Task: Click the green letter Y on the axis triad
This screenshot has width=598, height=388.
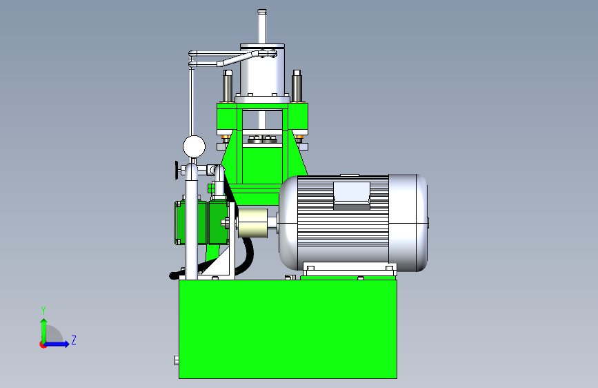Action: (x=43, y=310)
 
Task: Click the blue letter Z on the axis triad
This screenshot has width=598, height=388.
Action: (x=74, y=340)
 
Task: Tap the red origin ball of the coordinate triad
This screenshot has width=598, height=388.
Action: (x=43, y=345)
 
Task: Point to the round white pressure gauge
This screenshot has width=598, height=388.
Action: (x=194, y=146)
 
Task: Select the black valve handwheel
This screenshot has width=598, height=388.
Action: (x=177, y=170)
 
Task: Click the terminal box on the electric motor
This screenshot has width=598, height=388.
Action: (x=352, y=195)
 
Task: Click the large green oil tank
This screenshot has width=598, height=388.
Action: (x=288, y=329)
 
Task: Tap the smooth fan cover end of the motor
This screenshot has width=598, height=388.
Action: (x=408, y=222)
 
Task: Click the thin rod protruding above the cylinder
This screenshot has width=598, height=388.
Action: (x=261, y=26)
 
